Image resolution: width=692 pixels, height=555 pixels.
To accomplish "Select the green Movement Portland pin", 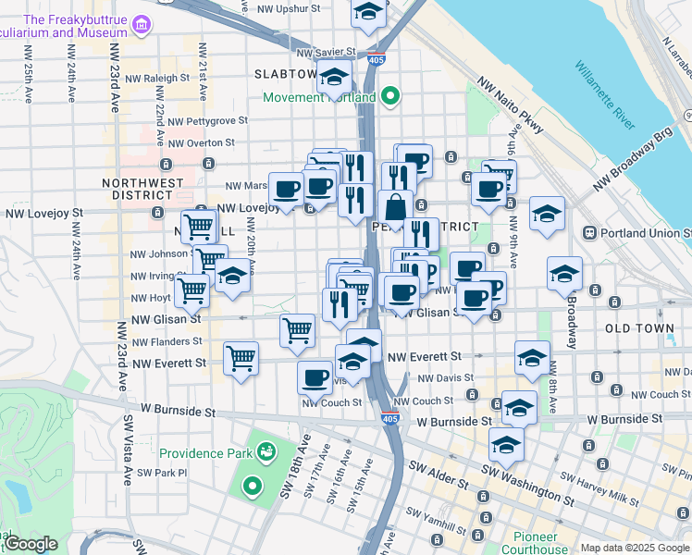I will point(390,96).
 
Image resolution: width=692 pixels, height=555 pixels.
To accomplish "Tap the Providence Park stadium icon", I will point(266,452).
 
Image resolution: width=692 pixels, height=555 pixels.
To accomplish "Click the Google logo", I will point(31,544).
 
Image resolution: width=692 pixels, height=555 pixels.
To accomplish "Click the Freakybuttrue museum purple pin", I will point(142,23).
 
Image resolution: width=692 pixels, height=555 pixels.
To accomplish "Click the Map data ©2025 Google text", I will point(635,548).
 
